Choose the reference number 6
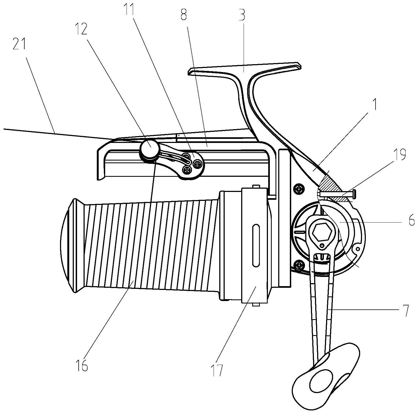coord(411,221)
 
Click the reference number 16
coord(83,367)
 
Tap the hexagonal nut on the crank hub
coord(321,232)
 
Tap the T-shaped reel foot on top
coord(245,69)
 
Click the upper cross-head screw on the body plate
coord(299,189)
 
